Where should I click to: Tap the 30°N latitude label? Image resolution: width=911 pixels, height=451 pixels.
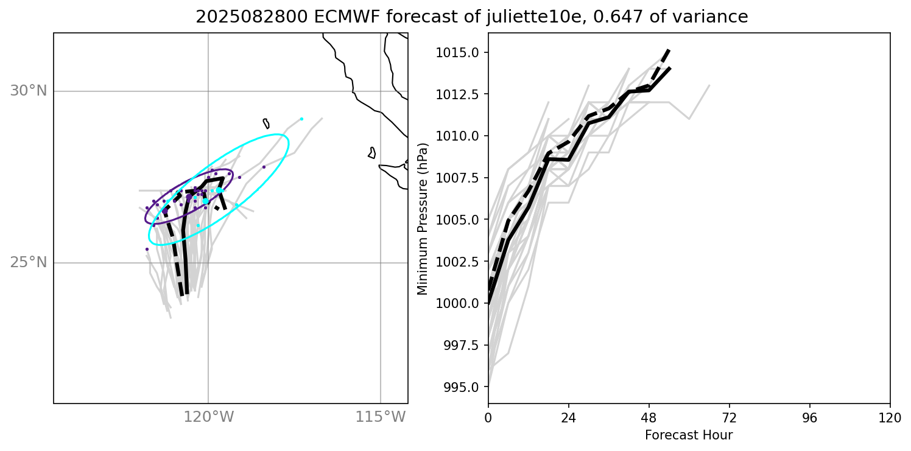pos(28,91)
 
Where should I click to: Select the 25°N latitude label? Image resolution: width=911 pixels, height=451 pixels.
pos(28,263)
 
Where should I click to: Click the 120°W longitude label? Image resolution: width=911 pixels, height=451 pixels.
pos(208,417)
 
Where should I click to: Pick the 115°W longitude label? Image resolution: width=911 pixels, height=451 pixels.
pos(381,417)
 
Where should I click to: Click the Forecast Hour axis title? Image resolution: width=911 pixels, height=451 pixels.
pos(688,435)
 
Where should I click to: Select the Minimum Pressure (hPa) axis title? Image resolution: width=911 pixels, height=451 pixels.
pos(423,219)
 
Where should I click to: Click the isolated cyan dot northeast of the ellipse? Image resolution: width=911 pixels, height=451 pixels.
pos(301,119)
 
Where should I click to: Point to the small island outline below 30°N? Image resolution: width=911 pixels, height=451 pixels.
pos(266,123)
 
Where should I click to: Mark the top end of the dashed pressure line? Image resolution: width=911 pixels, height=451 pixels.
pos(669,49)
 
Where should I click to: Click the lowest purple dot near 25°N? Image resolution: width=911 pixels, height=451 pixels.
pos(147,249)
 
